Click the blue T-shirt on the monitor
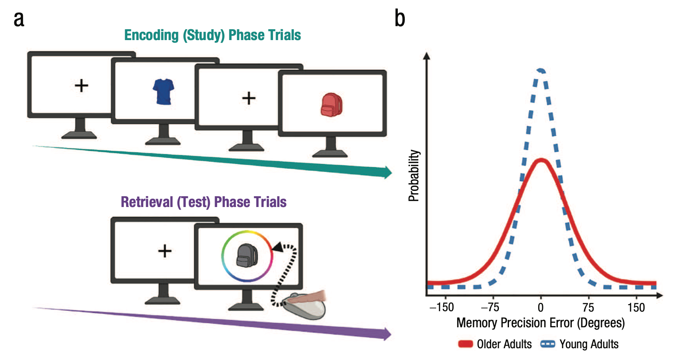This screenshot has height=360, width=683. (164, 91)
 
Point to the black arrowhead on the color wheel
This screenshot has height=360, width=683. (277, 248)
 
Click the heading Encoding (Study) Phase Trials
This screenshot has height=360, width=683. (212, 35)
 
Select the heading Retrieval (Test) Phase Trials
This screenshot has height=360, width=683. (203, 202)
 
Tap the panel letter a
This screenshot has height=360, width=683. (19, 20)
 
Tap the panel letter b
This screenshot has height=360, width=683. (400, 19)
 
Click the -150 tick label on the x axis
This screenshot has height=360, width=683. (441, 308)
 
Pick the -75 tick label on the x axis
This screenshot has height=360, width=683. (490, 308)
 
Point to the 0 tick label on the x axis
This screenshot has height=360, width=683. (541, 308)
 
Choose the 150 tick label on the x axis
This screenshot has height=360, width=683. (636, 308)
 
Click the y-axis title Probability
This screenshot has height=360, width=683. (414, 176)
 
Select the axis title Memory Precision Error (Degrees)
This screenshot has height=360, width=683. (540, 323)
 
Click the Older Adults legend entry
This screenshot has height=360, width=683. (495, 344)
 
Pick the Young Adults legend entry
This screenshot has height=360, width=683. (580, 344)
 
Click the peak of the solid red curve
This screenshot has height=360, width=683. (541, 160)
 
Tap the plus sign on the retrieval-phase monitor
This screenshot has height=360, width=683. (164, 251)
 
